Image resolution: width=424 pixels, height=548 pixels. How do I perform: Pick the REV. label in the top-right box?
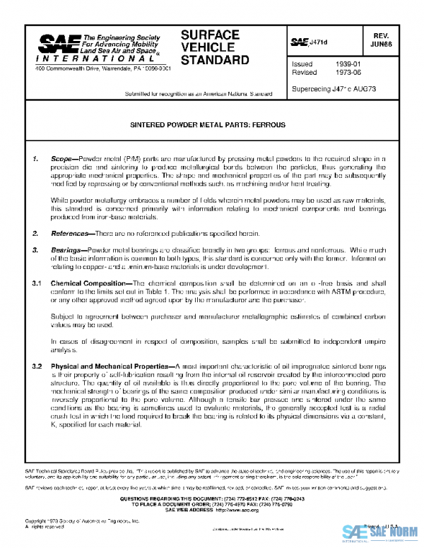pos(395,34)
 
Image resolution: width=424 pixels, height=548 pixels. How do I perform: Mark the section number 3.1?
pos(38,282)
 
